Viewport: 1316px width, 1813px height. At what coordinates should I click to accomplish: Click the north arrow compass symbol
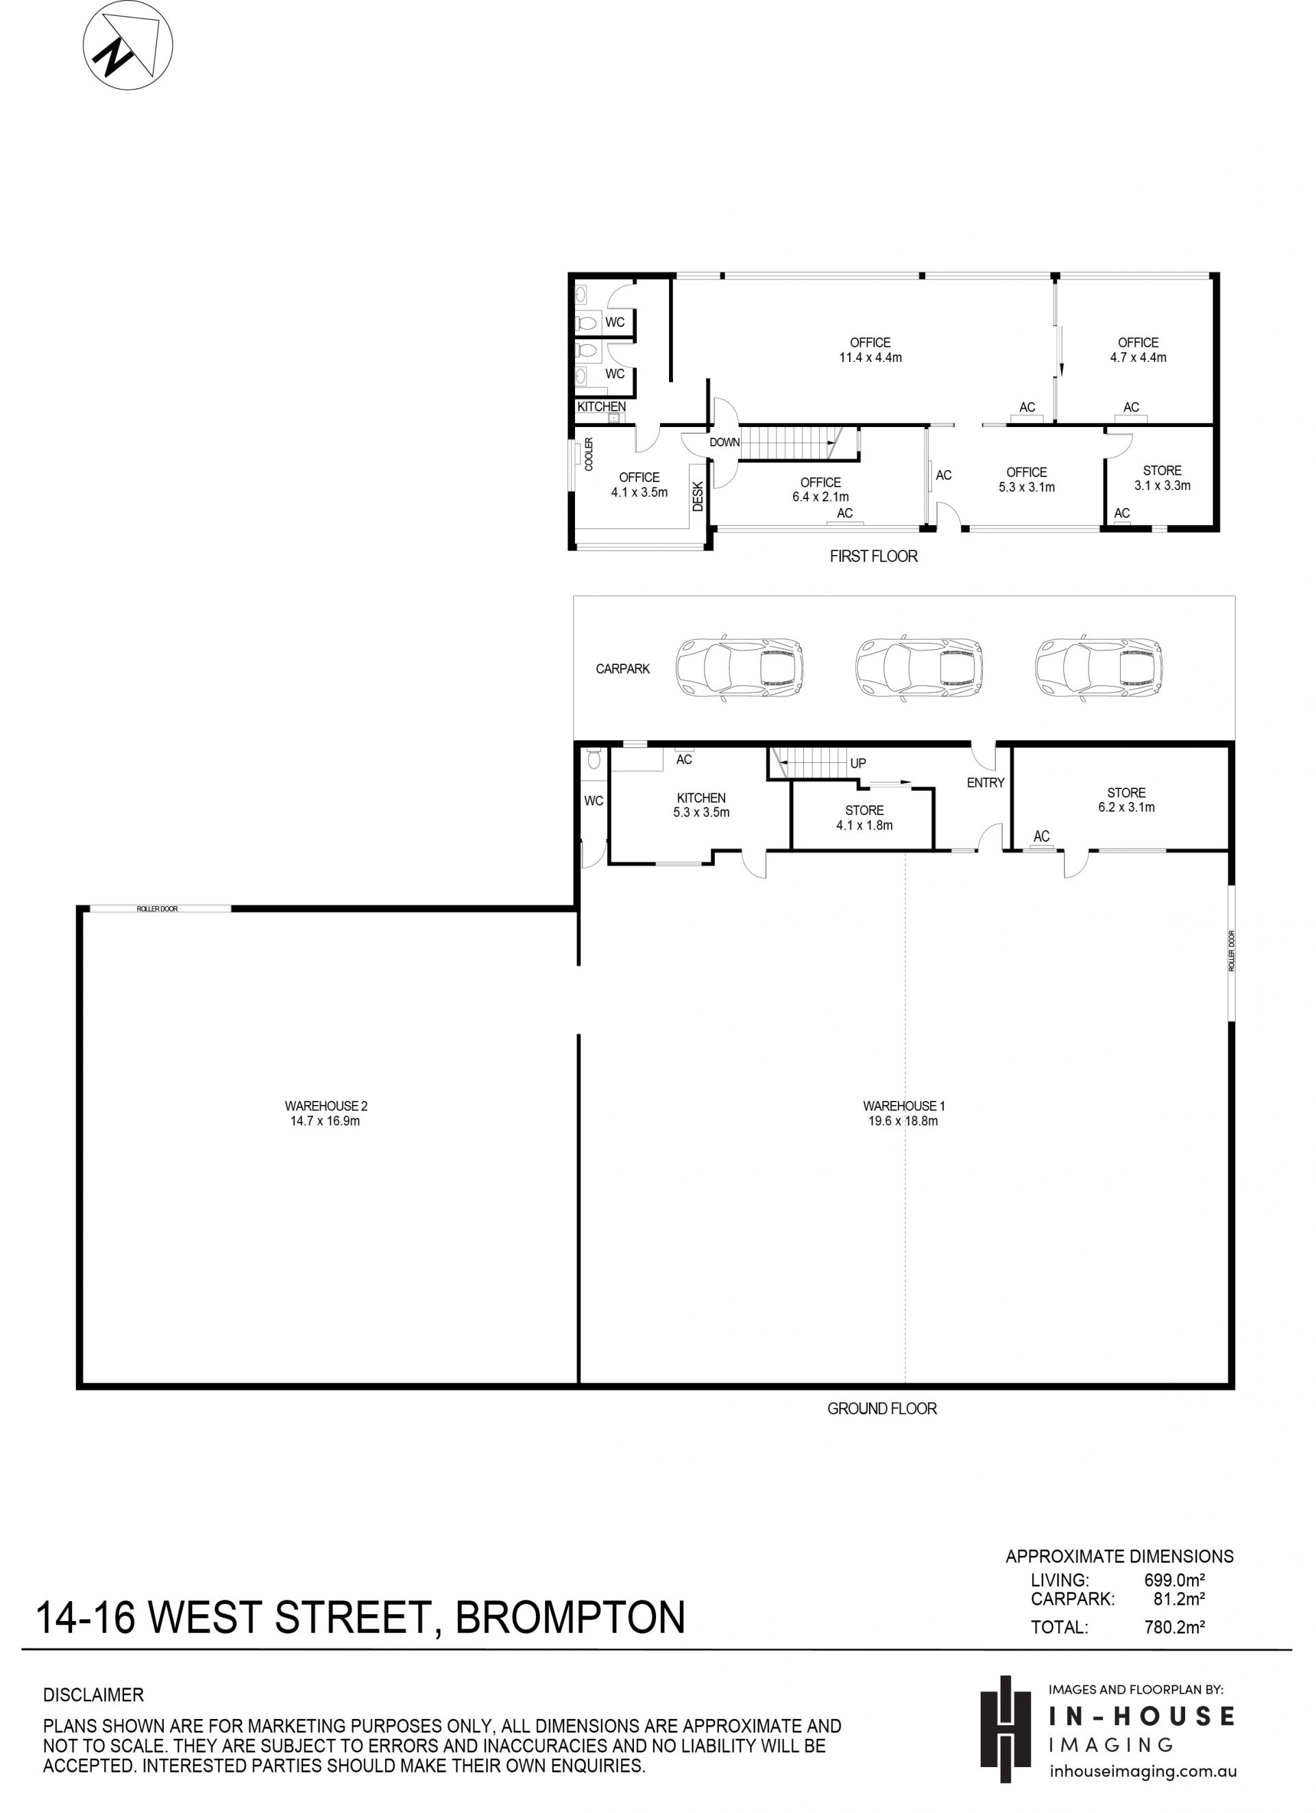(x=128, y=45)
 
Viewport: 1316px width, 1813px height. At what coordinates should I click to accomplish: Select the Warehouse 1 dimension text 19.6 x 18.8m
(x=903, y=1121)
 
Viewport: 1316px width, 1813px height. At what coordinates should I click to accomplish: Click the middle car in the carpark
(x=918, y=669)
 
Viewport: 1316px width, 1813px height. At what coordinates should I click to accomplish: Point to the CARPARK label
(x=622, y=669)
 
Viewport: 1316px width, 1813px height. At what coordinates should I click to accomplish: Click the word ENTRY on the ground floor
(x=985, y=783)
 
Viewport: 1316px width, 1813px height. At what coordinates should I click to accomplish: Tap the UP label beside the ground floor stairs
(x=858, y=764)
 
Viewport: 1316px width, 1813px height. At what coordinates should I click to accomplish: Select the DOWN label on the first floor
(x=724, y=442)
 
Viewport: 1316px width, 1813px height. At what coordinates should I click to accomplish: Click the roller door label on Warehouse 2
(x=158, y=909)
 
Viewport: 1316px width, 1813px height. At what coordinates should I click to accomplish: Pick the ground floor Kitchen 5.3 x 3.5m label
(x=701, y=805)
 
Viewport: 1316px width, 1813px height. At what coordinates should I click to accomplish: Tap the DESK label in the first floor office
(x=697, y=496)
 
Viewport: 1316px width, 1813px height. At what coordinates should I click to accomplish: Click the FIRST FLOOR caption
(x=873, y=557)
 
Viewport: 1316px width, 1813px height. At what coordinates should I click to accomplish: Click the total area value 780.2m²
(x=1175, y=1627)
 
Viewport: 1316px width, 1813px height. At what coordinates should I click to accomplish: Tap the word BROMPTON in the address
(x=570, y=1616)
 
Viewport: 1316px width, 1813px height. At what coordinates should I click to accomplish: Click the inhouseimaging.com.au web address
(x=1143, y=1771)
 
